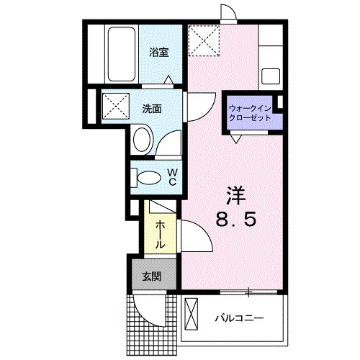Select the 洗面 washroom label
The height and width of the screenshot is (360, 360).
pos(151,109)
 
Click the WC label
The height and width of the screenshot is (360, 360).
pos(173,176)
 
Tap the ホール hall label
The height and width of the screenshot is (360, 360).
pos(161,234)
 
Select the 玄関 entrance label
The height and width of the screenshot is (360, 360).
pos(150,276)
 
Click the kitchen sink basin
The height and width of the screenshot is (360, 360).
pos(272,76)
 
